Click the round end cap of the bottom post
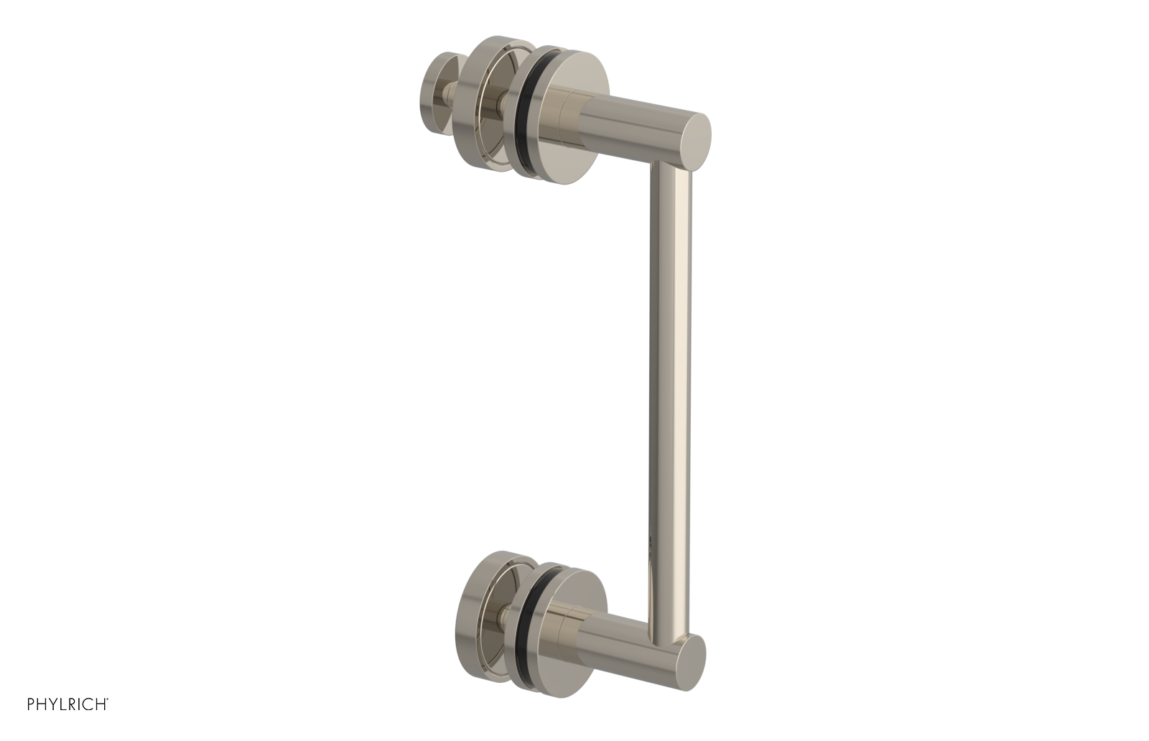coord(691,659)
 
